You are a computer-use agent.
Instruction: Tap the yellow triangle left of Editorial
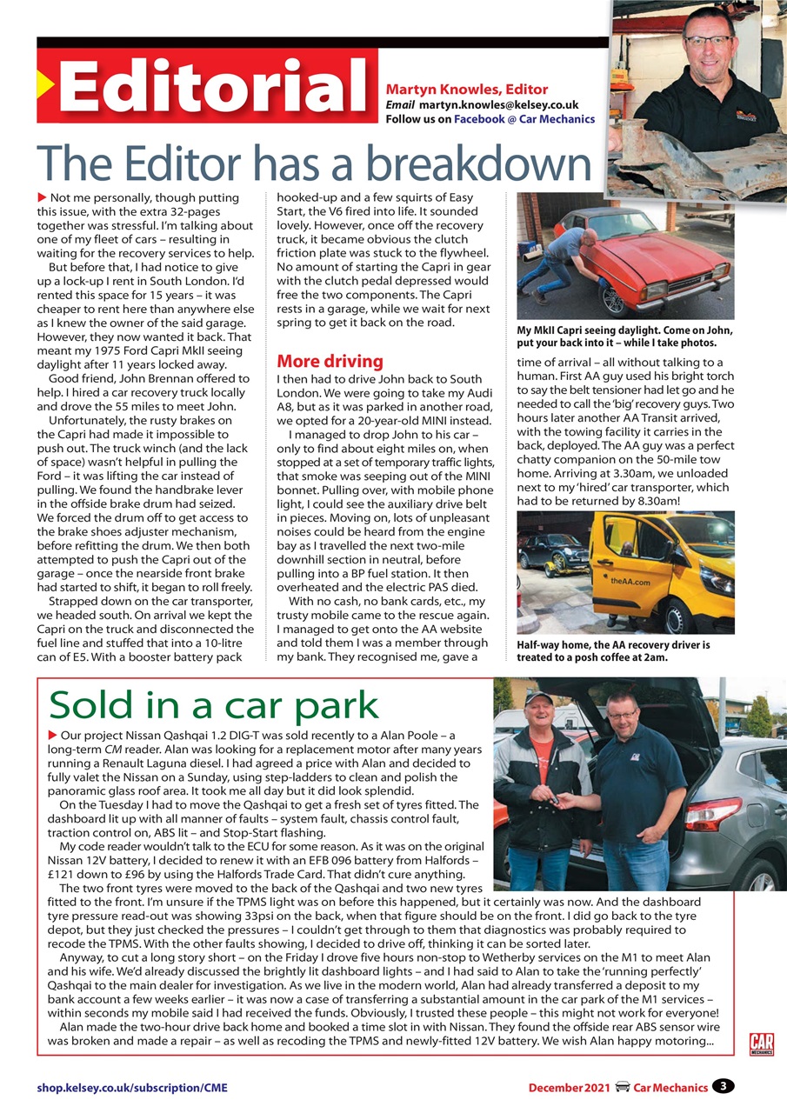45,85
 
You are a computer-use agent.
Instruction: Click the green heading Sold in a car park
214,705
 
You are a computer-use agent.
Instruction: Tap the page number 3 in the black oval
723,1085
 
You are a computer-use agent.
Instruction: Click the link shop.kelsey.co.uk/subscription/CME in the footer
131,1087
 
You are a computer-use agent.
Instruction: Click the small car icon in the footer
622,1086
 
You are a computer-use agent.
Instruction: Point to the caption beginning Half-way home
613,652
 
